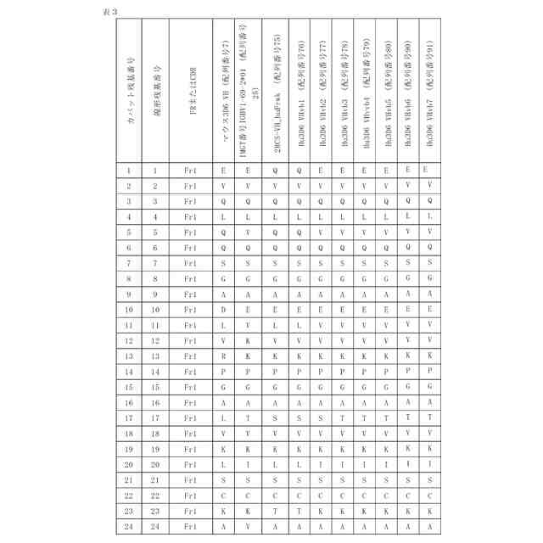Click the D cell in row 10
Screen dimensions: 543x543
[x=223, y=310]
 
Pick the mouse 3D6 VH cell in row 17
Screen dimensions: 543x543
[x=223, y=418]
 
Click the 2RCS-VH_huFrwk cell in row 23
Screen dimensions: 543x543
[x=277, y=512]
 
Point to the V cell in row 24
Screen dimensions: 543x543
[x=249, y=527]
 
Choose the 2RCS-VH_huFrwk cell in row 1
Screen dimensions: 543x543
[x=277, y=171]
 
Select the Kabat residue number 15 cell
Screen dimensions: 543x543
[x=129, y=387]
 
